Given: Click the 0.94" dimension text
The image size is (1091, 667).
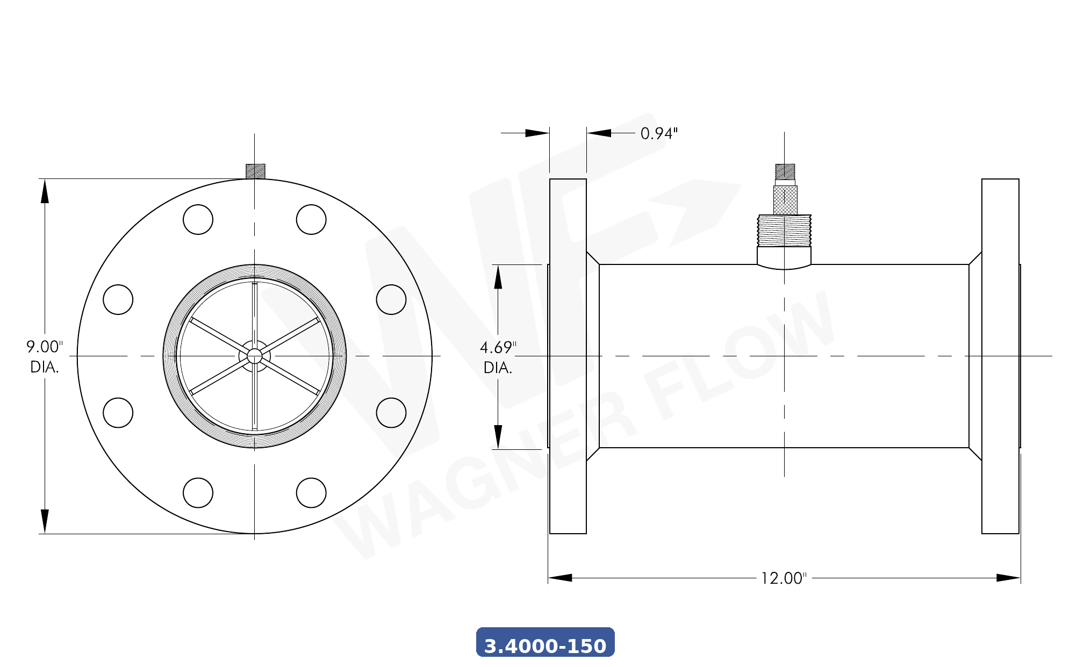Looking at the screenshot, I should tap(659, 133).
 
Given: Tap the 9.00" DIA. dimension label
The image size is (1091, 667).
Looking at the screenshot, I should tap(44, 357).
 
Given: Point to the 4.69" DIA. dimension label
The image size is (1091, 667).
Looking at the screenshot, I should tap(498, 357).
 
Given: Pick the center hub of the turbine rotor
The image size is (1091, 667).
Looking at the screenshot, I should tap(254, 356).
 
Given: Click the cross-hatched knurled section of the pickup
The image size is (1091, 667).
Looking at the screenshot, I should tap(785, 200).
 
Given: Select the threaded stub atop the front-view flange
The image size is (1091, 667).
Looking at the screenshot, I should tap(255, 171).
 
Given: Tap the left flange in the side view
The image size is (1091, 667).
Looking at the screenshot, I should tap(568, 356).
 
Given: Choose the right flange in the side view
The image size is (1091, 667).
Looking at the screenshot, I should tap(1000, 356).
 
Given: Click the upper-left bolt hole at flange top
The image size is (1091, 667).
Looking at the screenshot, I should tap(198, 219).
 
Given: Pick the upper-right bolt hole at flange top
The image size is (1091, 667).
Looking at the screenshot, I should tap(311, 219).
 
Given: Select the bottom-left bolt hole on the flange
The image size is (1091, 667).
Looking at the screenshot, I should tap(198, 492).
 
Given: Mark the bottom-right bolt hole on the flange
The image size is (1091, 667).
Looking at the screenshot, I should tap(311, 492).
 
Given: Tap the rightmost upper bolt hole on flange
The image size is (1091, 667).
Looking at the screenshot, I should tap(391, 299).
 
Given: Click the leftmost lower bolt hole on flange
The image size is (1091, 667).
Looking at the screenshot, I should tap(118, 413).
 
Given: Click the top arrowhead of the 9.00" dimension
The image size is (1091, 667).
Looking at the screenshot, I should tap(45, 191).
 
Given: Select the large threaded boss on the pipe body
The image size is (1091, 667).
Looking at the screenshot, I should tap(784, 231).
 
